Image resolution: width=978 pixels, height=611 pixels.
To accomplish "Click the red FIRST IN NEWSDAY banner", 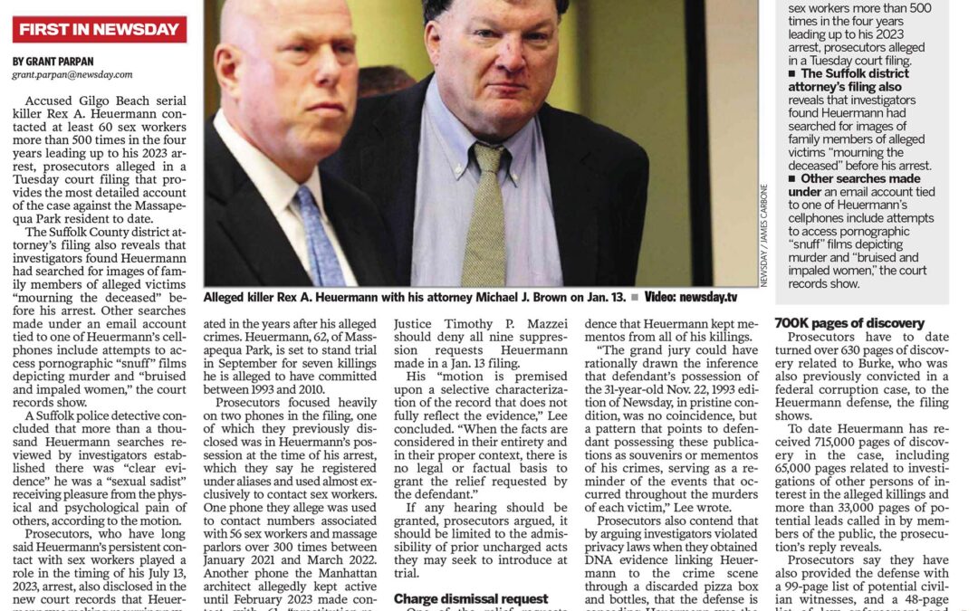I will [100, 29].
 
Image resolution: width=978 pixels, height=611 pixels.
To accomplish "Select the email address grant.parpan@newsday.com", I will [72, 74].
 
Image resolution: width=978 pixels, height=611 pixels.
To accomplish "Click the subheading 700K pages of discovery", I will [849, 323].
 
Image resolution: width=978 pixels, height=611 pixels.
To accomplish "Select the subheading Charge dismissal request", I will [471, 598].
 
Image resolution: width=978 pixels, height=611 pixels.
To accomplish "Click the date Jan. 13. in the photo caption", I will [599, 297].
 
